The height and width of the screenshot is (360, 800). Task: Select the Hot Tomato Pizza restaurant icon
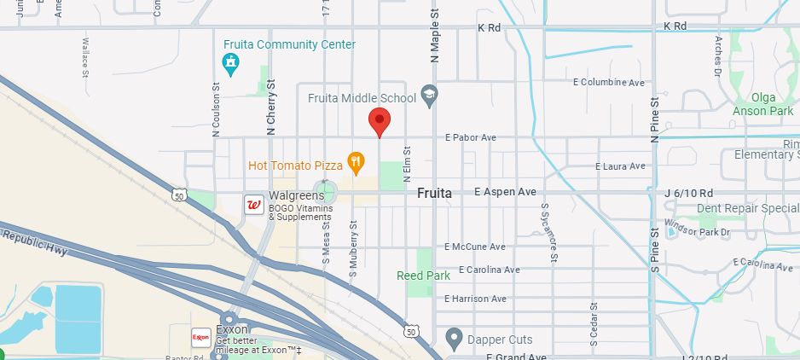(x=357, y=160)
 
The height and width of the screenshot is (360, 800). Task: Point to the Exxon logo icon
(x=201, y=337)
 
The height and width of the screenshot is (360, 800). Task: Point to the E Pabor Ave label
(x=470, y=137)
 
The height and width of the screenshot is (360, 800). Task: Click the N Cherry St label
(x=271, y=107)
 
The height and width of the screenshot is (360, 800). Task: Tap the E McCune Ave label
(x=475, y=247)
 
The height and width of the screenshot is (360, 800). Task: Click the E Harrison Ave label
(x=476, y=299)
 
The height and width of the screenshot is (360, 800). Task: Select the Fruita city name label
(x=434, y=194)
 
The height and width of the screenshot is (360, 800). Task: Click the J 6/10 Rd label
(x=686, y=192)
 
